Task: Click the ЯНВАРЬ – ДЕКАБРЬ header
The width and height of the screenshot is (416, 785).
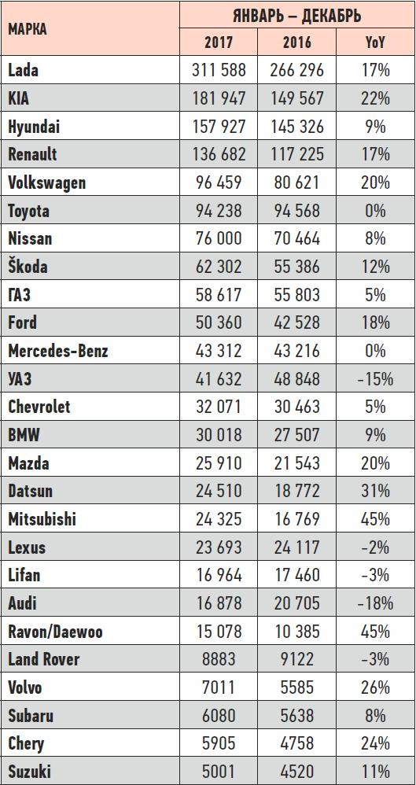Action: [x=296, y=15]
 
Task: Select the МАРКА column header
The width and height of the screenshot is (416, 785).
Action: [x=28, y=28]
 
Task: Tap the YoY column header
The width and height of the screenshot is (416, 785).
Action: [x=375, y=42]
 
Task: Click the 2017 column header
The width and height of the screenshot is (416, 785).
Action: [x=219, y=42]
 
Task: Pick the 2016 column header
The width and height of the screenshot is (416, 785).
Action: [x=296, y=42]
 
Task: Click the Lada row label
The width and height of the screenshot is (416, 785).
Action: [x=23, y=70]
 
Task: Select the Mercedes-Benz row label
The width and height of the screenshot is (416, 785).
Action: [x=58, y=351]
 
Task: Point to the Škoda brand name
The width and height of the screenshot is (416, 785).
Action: [x=28, y=266]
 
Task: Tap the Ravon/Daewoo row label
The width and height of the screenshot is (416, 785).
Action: [x=55, y=632]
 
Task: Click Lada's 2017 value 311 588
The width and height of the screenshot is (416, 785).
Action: [x=219, y=70]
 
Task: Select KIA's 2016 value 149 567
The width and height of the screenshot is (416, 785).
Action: [x=296, y=98]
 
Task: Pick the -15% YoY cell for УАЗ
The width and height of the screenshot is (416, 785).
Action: [x=375, y=379]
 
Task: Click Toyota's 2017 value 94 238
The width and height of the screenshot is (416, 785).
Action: [x=219, y=210]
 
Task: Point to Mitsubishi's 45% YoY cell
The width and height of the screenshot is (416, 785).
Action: [x=375, y=519]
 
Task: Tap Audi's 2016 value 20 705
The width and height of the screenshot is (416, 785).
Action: [x=296, y=604]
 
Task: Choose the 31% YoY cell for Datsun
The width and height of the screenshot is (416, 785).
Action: [x=375, y=491]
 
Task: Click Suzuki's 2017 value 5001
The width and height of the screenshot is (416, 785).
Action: [x=219, y=772]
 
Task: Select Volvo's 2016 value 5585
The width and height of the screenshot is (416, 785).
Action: [x=296, y=688]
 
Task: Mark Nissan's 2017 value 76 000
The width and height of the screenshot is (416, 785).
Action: [x=219, y=238]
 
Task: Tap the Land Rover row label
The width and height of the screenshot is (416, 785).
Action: [x=43, y=660]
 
